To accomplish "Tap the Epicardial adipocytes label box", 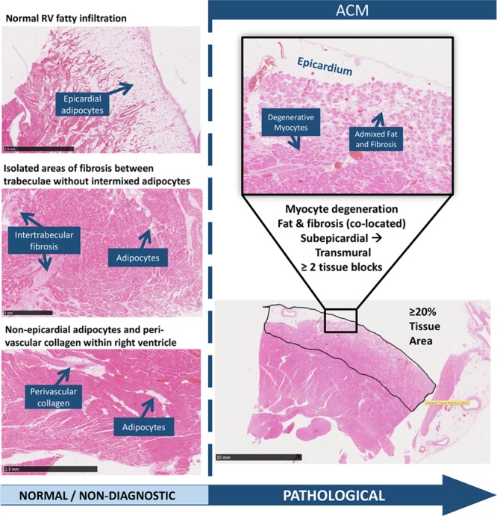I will (x=81, y=105).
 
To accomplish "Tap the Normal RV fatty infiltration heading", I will (x=66, y=16).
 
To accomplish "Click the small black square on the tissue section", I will (x=341, y=320).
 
